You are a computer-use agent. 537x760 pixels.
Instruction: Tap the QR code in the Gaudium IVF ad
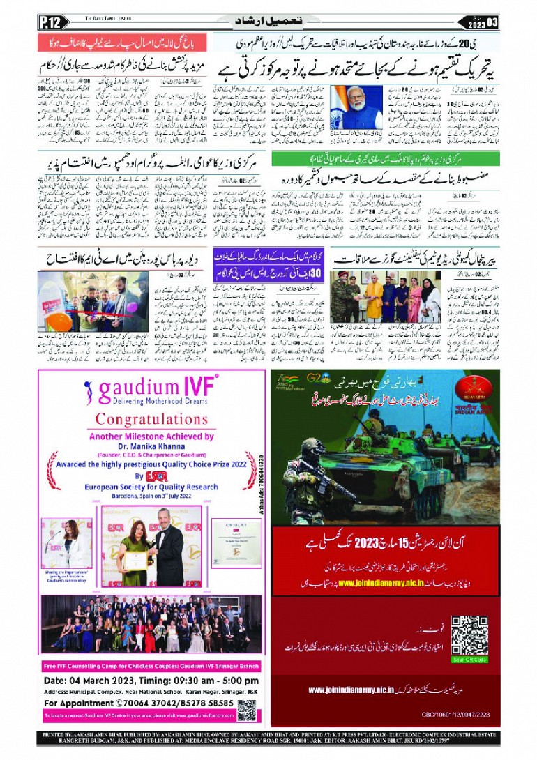[245, 710]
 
